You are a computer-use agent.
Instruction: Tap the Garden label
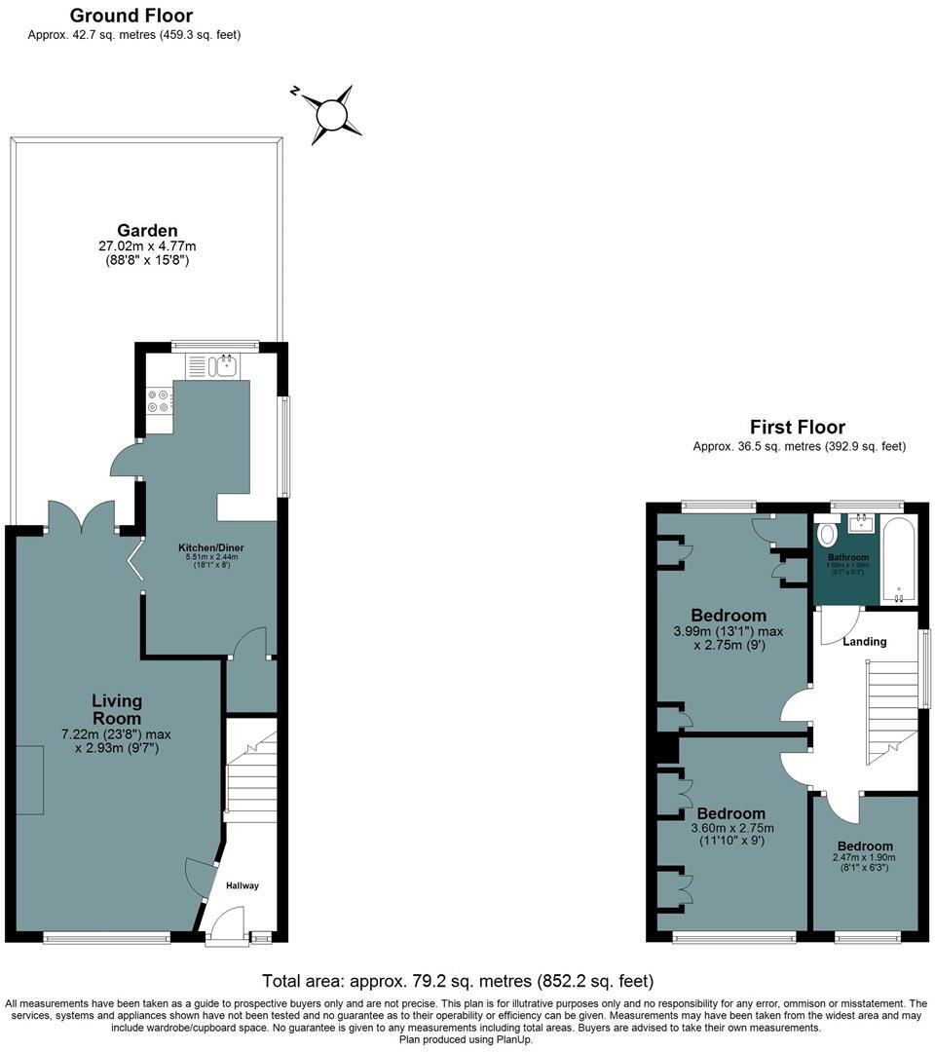pos(147,231)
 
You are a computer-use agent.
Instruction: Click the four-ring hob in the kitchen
pos(159,401)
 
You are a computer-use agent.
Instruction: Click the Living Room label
pos(117,700)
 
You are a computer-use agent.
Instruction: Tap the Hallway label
pos(243,885)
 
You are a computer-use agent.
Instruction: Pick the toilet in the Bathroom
pos(828,535)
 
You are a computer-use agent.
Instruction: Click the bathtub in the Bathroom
pos(897,560)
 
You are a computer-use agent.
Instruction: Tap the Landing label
pos(865,641)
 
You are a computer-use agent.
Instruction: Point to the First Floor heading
pos(797,427)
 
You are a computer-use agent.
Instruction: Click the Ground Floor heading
pos(131,16)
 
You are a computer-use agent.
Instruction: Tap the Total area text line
pos(458,981)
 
